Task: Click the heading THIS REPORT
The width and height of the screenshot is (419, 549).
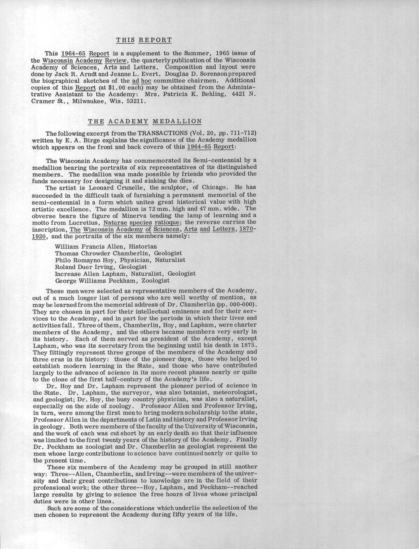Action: click(144, 40)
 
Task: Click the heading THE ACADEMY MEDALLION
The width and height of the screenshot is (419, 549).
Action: click(144, 121)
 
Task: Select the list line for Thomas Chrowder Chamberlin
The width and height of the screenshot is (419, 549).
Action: click(118, 253)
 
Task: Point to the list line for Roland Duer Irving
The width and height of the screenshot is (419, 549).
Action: click(101, 267)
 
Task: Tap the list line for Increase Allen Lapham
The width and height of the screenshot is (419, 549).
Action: click(125, 274)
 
